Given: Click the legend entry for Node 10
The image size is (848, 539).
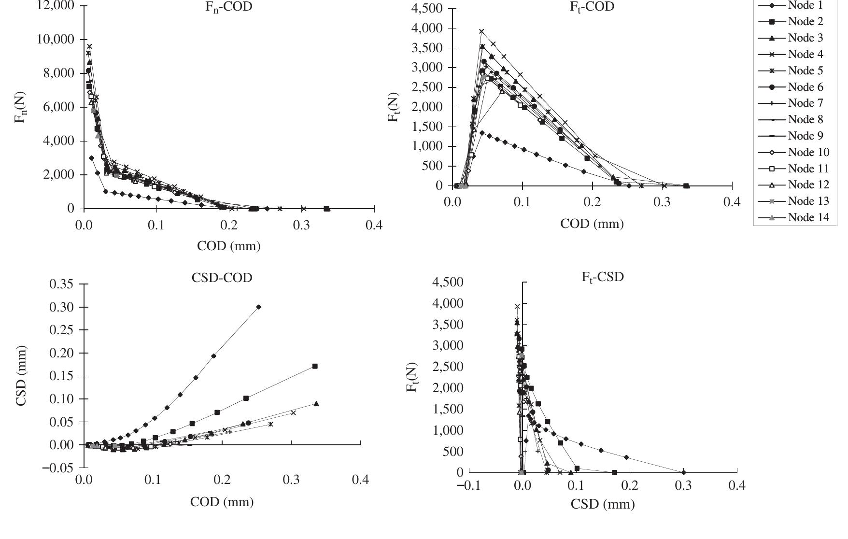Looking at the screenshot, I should pos(808,152).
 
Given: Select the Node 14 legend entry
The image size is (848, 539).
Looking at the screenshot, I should pos(808,217).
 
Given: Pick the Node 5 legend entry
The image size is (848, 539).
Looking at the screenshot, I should pos(806,71).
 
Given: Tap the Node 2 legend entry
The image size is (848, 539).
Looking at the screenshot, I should pos(806,22).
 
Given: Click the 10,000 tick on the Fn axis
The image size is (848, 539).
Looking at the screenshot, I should pos(56,39).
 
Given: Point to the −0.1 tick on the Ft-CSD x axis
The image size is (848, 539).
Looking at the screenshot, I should pos(468,486).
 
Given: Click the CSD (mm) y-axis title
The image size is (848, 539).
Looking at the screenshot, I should pos(22,376).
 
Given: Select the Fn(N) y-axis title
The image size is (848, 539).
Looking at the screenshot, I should pos(22,107).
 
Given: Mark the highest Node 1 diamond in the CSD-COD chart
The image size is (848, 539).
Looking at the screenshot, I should pos(258,307).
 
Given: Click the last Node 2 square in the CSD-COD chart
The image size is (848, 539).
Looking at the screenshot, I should pos(315,366).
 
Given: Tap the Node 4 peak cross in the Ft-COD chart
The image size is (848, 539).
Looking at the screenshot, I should pos(481,31).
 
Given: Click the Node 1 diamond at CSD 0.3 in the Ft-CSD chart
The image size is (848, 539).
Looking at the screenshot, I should pos(683,472).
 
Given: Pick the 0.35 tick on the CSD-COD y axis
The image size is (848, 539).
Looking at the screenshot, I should pos(62,284).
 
